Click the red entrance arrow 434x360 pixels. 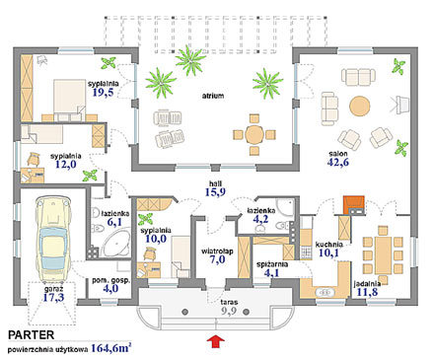coord(216,341)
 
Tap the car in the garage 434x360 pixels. coord(53,239)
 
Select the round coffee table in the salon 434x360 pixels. coord(359,106)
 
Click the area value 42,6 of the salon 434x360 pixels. coord(338,162)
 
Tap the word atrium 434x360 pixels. coord(213,96)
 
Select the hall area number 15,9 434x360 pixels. coord(215,192)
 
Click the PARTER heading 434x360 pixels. coord(31,335)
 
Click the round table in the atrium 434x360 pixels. coord(254,134)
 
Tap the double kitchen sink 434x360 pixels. coord(325,292)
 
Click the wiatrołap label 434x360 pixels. coord(217,252)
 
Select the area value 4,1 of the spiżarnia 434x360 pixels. coord(271,272)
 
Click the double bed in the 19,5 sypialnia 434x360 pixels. coord(69,100)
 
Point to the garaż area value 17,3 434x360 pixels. coord(53,298)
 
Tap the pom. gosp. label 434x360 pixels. coord(111,280)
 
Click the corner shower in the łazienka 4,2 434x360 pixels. coord(285,207)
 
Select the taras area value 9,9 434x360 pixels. coord(229,312)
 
